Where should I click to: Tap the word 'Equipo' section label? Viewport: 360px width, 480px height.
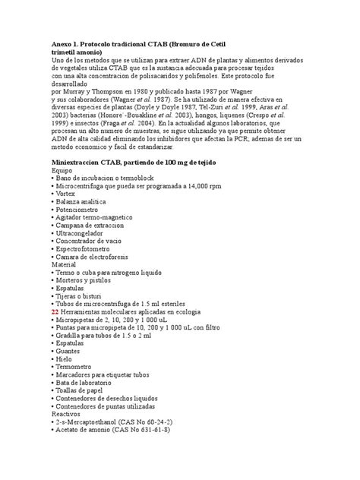tap(62, 172)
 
